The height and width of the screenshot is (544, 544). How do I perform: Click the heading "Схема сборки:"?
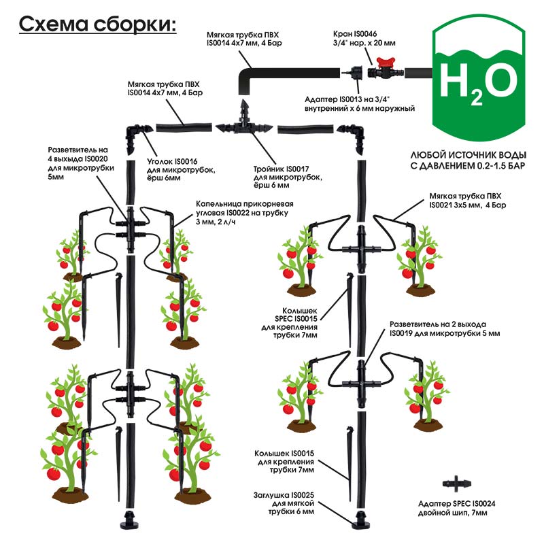tap(97, 24)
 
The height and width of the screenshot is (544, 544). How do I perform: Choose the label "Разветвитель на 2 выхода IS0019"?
tap(445, 328)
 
